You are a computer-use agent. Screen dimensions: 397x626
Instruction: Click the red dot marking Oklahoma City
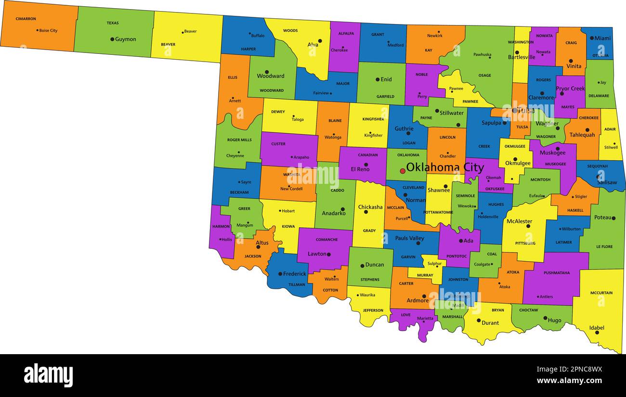(403, 171)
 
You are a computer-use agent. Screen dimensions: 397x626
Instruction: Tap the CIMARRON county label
(26, 19)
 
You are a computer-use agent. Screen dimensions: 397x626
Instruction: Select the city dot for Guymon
(112, 39)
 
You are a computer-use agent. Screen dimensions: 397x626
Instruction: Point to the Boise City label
(48, 30)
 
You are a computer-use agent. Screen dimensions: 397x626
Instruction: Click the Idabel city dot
(597, 332)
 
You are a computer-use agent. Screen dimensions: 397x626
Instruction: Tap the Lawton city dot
(328, 254)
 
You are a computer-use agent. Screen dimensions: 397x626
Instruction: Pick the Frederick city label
(294, 274)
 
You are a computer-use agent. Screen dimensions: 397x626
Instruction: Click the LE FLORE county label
(604, 246)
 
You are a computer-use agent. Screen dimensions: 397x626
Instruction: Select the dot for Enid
(378, 79)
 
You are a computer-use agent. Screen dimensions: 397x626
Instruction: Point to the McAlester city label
(519, 221)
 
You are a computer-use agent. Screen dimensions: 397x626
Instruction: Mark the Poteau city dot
(613, 218)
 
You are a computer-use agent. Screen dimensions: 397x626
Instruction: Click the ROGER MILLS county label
(239, 140)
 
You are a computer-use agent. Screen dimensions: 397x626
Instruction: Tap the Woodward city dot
(267, 72)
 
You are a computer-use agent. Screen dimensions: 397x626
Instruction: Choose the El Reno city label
(360, 169)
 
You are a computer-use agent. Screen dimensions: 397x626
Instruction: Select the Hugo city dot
(545, 318)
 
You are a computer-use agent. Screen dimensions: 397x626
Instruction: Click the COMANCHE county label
(326, 240)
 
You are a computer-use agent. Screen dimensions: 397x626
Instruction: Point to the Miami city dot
(591, 38)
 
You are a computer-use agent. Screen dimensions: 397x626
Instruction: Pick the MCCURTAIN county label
(601, 293)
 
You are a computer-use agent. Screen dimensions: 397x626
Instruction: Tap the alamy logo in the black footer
(48, 375)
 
